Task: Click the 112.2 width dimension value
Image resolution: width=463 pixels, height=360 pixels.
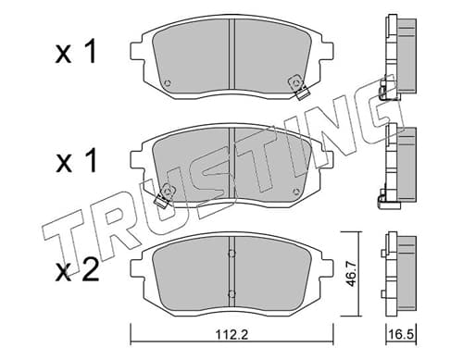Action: (x=232, y=334)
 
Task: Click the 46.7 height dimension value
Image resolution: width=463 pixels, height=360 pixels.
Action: (x=351, y=274)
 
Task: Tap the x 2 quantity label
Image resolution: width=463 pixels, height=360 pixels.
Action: (x=77, y=269)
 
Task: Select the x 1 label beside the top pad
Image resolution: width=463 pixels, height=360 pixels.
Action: (x=76, y=53)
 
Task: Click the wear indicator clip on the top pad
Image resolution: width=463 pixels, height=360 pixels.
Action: (x=298, y=87)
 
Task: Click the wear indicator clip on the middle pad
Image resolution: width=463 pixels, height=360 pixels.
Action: (x=165, y=195)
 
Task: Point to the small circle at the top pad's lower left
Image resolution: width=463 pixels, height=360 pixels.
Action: (x=168, y=83)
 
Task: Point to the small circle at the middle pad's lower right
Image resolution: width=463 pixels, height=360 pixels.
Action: (x=296, y=192)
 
